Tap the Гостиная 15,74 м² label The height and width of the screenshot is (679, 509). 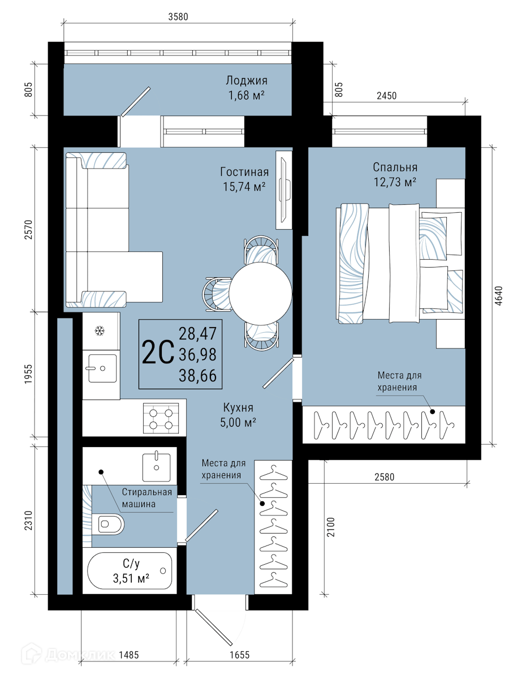pos(244,179)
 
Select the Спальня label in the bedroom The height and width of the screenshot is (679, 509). pos(395,167)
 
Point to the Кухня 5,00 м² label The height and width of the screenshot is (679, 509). pos(238,415)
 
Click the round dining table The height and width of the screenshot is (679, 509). pos(260,294)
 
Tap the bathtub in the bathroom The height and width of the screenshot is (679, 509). pos(130,571)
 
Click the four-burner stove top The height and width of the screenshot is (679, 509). pos(161,418)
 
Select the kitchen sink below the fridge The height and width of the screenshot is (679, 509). pos(102,368)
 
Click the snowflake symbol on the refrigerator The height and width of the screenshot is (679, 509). pos(100,331)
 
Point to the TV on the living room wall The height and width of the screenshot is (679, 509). pos(284,190)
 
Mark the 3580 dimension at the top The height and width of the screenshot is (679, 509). pos(178,16)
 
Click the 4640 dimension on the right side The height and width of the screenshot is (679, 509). pos(498,296)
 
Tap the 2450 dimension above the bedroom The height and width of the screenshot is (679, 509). pos(386,96)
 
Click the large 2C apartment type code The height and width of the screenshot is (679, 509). pos(158,352)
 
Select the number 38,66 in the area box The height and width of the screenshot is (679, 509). pos(198,376)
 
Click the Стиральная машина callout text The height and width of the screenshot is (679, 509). pos(147,498)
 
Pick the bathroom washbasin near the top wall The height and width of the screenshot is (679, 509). pos(156,467)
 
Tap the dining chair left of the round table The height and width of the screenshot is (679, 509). pos(217,294)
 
